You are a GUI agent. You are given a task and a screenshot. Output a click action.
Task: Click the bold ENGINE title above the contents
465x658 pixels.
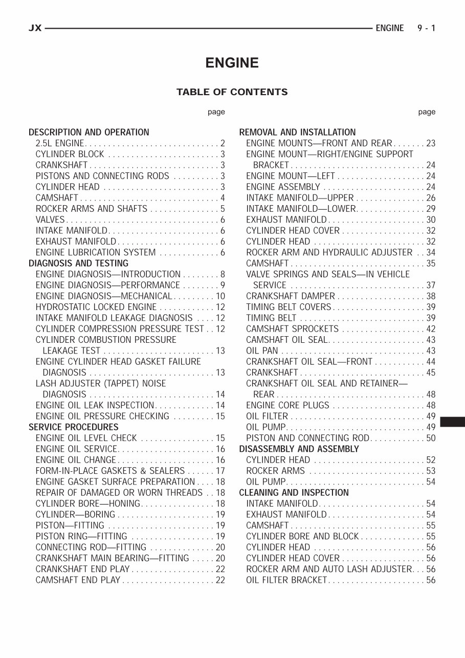point(232,63)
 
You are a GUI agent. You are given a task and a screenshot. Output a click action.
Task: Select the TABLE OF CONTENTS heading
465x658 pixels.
point(232,92)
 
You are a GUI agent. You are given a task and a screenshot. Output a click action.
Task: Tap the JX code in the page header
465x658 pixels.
point(35,28)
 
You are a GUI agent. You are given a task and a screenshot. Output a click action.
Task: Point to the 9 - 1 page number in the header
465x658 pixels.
point(426,28)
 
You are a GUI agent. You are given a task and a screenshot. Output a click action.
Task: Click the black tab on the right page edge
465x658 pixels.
point(452,422)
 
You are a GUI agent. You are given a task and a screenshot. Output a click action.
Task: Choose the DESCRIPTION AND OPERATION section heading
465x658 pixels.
point(89,133)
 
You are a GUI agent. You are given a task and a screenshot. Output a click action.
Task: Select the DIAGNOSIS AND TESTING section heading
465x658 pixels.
point(78,264)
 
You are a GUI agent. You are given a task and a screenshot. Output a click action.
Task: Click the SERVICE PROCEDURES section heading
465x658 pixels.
point(73,427)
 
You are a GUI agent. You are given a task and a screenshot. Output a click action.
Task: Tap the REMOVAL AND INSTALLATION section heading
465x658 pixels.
point(297,133)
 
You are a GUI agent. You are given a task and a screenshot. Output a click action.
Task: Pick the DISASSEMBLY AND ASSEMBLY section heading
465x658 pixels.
point(299,449)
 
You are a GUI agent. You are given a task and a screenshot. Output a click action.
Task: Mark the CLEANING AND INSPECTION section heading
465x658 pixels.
point(294,493)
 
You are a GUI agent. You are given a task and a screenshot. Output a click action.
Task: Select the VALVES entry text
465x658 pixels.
point(50,220)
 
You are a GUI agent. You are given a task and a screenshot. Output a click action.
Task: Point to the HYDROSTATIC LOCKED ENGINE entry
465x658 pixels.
point(96,307)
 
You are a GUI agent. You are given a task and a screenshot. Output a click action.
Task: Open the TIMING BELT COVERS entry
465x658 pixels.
point(289,307)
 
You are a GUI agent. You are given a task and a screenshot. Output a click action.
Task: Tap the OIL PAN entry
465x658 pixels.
point(262,351)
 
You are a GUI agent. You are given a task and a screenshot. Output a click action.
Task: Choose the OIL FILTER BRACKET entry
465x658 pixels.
point(286,580)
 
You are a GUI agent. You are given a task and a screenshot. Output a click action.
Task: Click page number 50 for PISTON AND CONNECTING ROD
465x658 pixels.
point(431,438)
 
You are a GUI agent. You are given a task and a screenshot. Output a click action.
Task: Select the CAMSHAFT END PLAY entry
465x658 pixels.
point(78,580)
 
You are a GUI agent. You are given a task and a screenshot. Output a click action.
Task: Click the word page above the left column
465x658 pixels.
point(216,112)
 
